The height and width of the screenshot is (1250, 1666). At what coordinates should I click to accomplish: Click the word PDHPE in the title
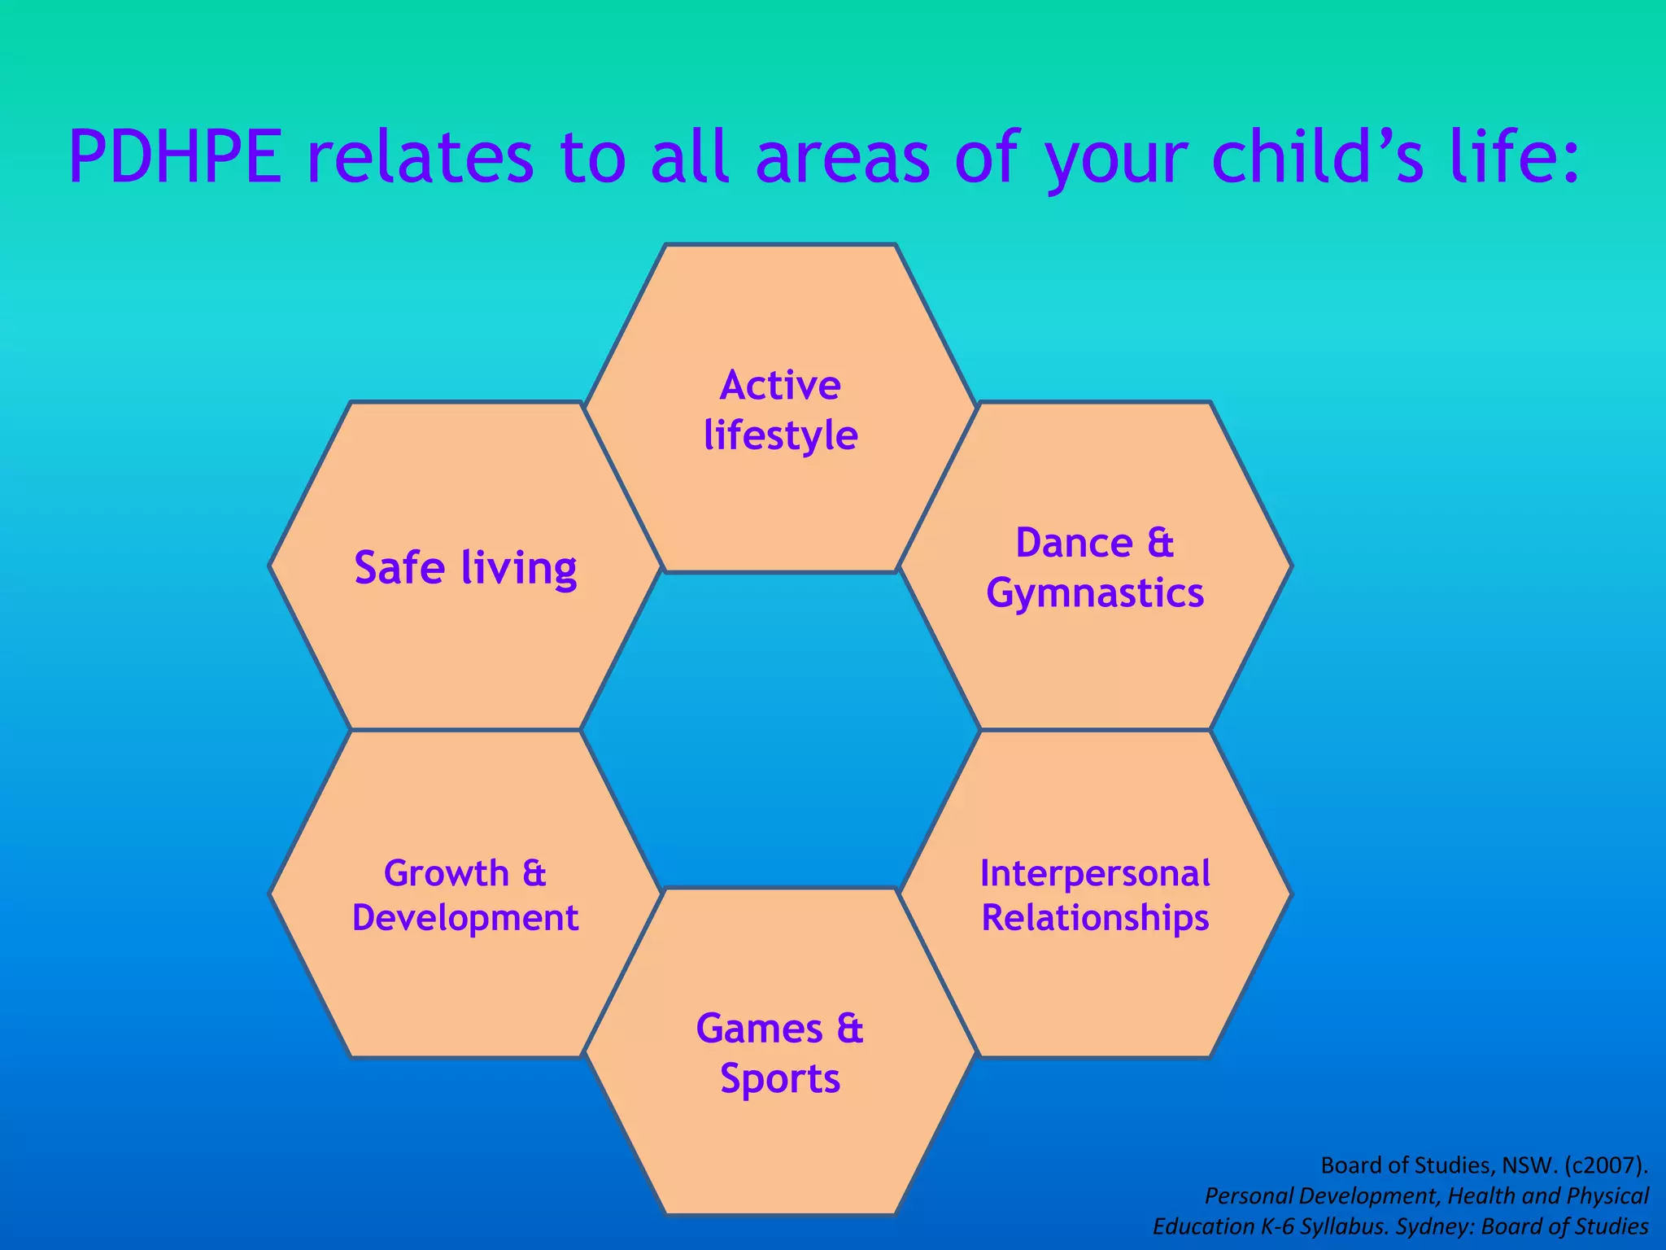coord(176,157)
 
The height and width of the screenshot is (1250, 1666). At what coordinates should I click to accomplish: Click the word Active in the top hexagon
coord(779,385)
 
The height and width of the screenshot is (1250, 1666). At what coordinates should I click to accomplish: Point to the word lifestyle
coord(780,435)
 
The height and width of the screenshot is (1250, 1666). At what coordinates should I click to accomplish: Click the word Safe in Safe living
coord(399,567)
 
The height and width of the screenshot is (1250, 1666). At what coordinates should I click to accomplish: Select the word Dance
coord(1074,543)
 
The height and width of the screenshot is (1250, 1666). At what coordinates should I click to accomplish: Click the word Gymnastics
coord(1095,593)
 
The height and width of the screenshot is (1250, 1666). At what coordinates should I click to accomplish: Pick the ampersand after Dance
coord(1161,543)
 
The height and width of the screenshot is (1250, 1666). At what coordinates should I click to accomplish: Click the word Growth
coord(446,873)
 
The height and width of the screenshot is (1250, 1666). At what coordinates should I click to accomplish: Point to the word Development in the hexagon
coord(464,918)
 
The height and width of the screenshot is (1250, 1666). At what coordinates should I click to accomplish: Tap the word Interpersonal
coord(1095,873)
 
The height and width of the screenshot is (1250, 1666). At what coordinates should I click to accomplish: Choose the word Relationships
coord(1095,918)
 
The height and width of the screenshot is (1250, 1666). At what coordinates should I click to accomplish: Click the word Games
coord(759,1029)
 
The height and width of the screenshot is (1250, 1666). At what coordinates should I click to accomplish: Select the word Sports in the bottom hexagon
coord(779,1079)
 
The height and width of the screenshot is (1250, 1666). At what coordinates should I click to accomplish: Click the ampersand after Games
coord(849,1029)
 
